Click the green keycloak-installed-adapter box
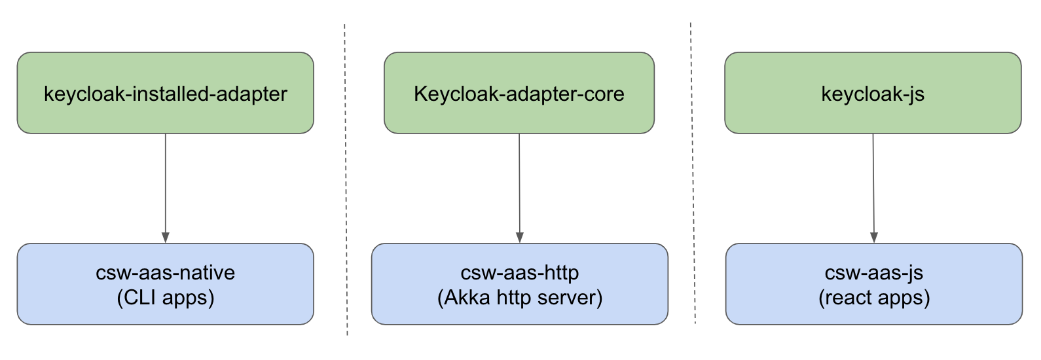165,93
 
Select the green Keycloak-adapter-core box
519,93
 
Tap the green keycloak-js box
873,93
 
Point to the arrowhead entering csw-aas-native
165,238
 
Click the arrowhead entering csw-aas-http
520,238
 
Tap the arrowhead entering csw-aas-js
874,238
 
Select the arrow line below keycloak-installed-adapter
165,183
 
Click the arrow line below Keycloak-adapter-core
519,183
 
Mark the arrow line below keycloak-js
873,183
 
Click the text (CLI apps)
165,298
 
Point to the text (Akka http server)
520,298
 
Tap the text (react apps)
874,298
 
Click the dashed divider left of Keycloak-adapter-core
346,180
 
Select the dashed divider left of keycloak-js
692,173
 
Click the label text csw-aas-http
520,272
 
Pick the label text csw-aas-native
165,272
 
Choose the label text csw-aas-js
874,272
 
